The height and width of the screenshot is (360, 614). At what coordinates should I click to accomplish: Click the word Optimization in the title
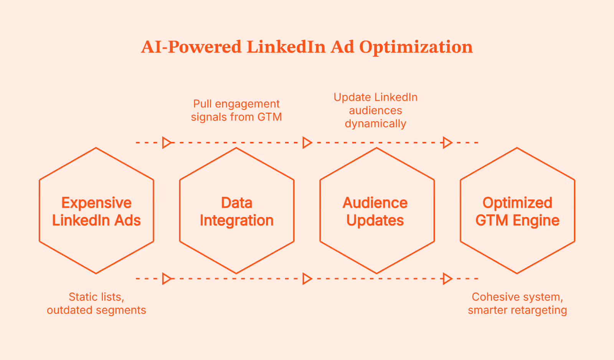pos(416,47)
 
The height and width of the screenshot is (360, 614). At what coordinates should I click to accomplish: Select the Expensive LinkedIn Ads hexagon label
pos(96,211)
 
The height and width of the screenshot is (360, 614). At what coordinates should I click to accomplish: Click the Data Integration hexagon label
pos(236,211)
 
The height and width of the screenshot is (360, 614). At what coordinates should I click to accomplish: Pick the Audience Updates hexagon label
pos(375,211)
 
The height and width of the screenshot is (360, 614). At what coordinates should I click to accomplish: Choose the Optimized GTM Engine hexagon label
pos(517,211)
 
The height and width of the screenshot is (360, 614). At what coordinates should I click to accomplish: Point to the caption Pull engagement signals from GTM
pos(236,110)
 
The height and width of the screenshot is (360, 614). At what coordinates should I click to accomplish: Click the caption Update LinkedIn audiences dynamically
pos(375,110)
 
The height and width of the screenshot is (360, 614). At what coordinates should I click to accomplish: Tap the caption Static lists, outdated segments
pos(96,303)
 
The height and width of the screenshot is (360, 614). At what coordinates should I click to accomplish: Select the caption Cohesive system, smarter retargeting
pos(517,303)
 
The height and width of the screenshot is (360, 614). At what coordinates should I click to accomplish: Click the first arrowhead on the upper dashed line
pos(167,143)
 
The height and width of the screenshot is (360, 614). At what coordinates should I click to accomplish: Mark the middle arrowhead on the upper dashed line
pos(307,143)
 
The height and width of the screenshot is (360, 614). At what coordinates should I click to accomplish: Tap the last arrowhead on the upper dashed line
pos(447,143)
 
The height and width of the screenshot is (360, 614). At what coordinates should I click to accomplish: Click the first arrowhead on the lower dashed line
pos(167,279)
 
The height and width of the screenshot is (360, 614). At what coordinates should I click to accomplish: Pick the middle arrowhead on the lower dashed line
pos(307,279)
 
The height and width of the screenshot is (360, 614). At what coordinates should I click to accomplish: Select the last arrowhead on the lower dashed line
pos(447,279)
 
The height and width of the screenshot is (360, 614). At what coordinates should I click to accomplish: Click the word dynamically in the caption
pos(375,124)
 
